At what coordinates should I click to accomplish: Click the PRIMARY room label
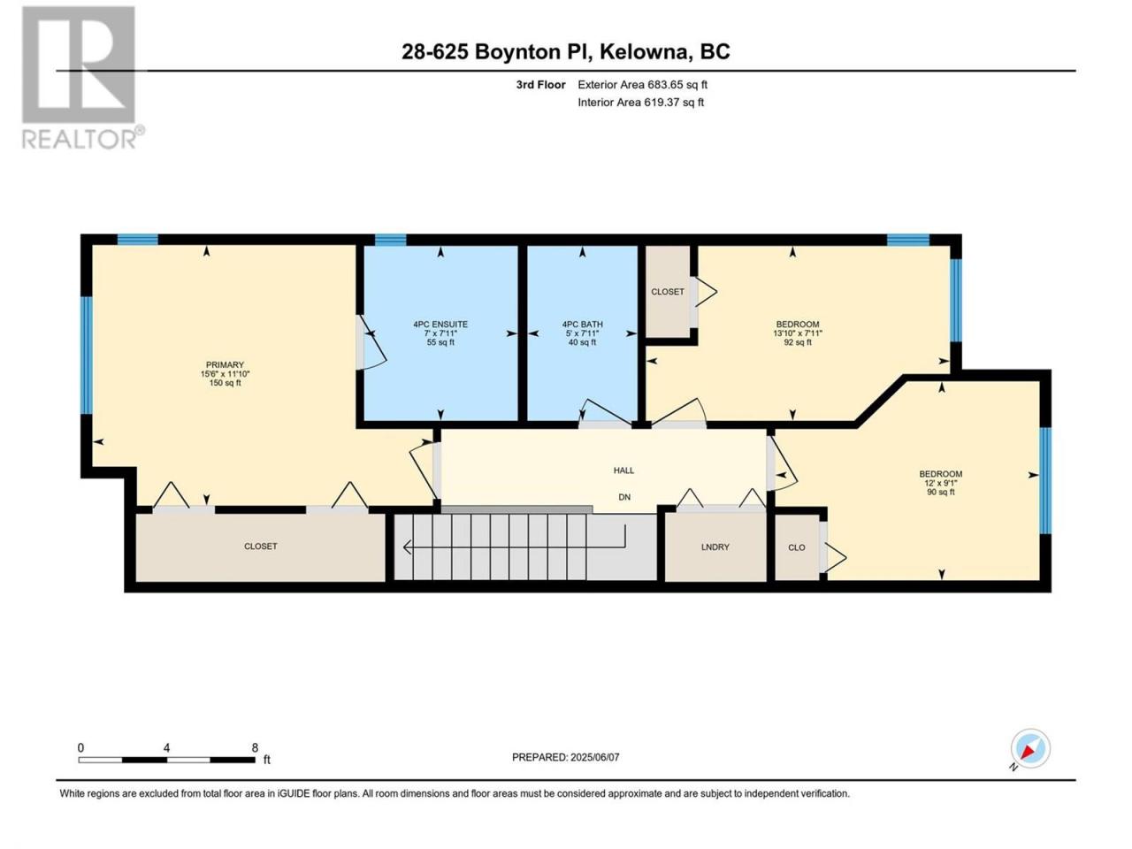pos(225,364)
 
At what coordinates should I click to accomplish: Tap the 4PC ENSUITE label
pos(440,325)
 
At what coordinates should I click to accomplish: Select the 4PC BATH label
pos(582,325)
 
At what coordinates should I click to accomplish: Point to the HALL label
pos(623,470)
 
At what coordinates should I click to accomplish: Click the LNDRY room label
pos(715,547)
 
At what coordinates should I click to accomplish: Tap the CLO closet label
pos(797,547)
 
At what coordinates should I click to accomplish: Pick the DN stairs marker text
pos(624,497)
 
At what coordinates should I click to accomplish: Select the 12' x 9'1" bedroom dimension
pos(941,483)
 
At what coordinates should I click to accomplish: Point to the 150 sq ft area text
pos(225,383)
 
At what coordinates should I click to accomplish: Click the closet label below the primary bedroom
pos(260,546)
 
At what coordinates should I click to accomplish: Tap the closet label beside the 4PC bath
pos(668,291)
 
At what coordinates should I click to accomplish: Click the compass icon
pos(1030,748)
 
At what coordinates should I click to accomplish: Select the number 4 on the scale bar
pos(166,747)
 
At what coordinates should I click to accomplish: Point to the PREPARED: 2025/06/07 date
pos(566,757)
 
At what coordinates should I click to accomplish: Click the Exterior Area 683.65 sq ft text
pos(643,85)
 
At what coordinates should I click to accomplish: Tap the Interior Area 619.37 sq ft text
pos(640,102)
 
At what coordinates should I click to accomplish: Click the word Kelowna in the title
pos(639,52)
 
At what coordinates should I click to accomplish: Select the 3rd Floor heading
pos(540,85)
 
